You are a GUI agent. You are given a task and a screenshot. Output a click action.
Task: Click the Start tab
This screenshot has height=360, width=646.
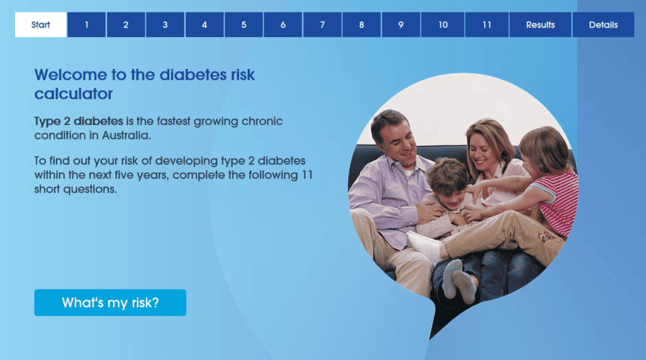click(41, 25)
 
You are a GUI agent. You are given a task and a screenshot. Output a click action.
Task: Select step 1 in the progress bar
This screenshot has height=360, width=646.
click(86, 25)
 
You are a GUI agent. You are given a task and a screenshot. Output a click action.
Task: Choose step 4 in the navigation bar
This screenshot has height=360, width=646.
click(204, 25)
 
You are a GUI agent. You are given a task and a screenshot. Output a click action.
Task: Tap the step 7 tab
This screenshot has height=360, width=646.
click(322, 25)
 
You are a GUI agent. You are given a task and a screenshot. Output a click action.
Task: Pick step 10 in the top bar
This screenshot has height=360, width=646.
click(443, 25)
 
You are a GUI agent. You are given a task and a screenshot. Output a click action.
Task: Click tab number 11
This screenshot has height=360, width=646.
click(487, 25)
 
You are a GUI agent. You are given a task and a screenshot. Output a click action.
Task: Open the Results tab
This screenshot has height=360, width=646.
click(541, 25)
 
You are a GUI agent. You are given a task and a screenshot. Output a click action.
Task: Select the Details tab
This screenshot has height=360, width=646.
click(603, 25)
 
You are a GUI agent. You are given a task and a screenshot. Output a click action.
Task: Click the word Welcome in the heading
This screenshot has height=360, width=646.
click(71, 75)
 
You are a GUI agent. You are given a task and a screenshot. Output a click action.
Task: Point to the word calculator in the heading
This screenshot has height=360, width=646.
click(73, 94)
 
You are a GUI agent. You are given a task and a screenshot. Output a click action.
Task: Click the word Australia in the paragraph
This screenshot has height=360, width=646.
click(126, 136)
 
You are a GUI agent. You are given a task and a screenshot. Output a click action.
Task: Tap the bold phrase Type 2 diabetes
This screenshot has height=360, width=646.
click(79, 121)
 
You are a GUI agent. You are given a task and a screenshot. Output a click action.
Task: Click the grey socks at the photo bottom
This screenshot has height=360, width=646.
click(459, 280)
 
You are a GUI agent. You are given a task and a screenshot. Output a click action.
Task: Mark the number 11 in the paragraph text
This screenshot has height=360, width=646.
click(307, 175)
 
